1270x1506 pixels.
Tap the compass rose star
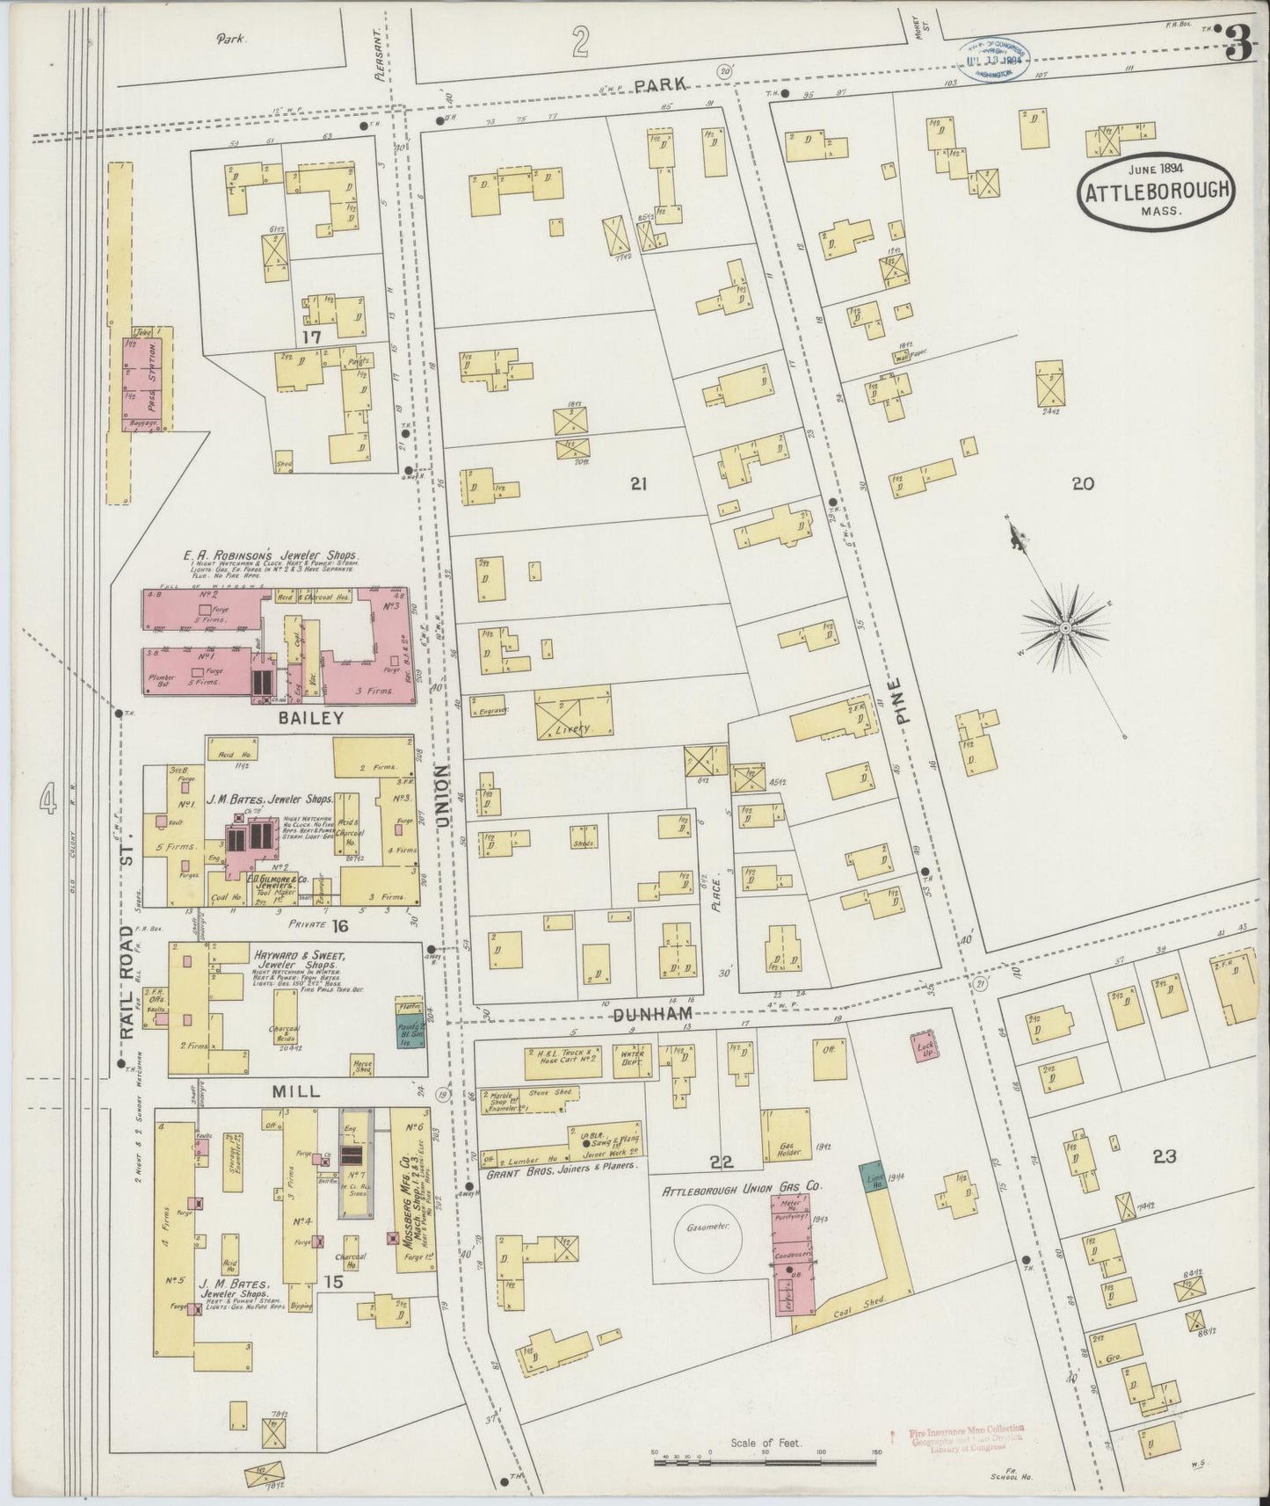1065,627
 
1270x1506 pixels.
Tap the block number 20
1082,482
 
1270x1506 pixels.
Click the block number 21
639,482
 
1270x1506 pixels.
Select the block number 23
1165,1156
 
